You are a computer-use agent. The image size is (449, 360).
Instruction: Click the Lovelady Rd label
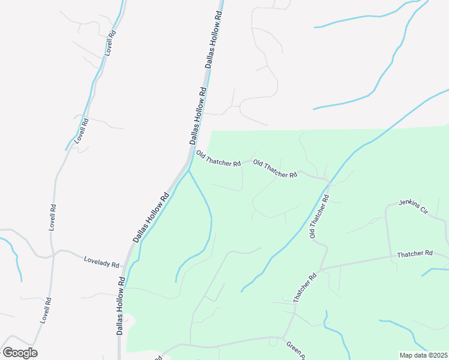(x=101, y=262)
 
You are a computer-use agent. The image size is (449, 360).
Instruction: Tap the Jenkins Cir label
(x=412, y=206)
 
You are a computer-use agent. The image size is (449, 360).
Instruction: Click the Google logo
(x=20, y=353)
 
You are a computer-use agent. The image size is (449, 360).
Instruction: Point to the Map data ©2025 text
(x=423, y=355)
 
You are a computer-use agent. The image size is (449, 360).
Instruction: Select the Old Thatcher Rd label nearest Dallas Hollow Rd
(x=218, y=159)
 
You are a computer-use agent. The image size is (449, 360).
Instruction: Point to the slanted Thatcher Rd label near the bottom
(x=304, y=288)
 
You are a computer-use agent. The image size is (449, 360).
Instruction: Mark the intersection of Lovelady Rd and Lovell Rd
(x=52, y=253)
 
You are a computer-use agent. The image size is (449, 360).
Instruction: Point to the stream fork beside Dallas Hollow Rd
(x=188, y=171)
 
